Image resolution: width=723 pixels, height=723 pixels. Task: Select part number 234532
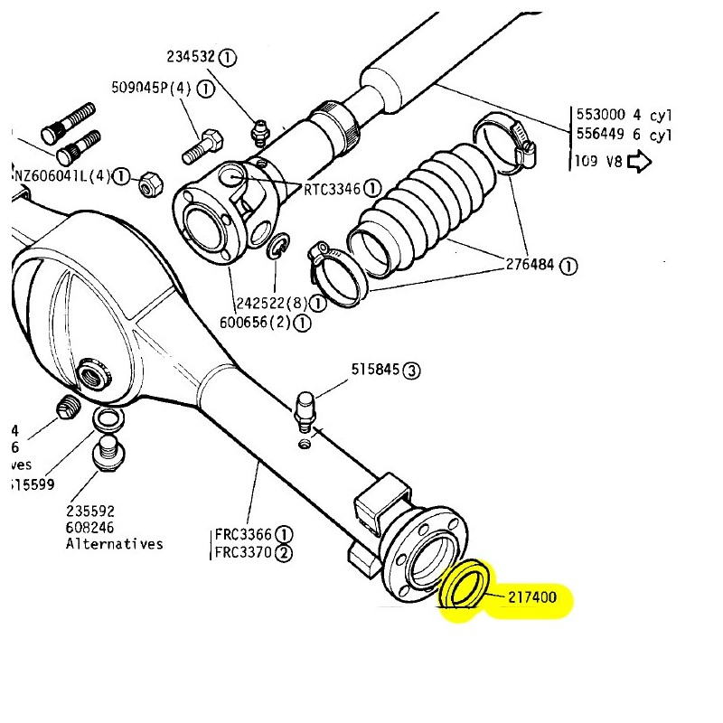[191, 57]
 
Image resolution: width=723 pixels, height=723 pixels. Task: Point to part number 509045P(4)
[153, 89]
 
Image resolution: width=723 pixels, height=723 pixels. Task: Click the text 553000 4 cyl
[624, 116]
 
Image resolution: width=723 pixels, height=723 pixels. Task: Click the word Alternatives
[115, 543]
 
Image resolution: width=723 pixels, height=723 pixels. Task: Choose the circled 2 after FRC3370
[285, 552]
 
